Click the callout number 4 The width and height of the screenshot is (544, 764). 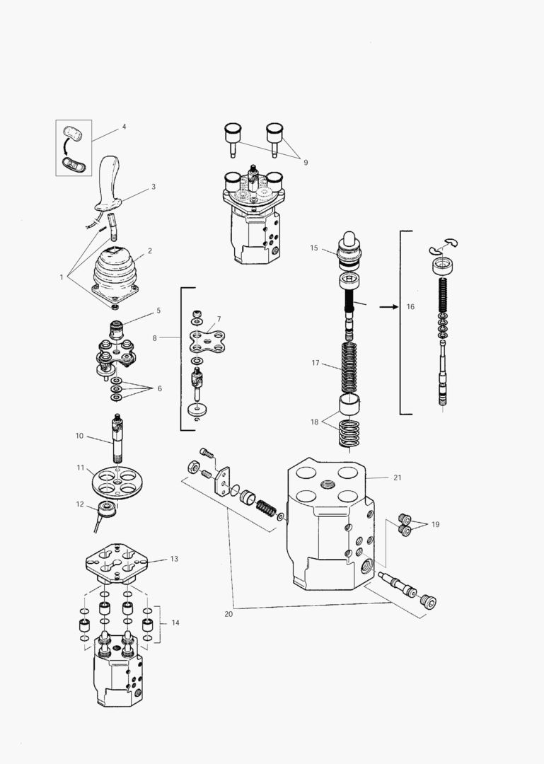[x=125, y=127]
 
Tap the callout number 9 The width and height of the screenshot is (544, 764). [x=306, y=163]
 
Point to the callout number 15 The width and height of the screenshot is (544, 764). [x=314, y=248]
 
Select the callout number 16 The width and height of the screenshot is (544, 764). [x=411, y=307]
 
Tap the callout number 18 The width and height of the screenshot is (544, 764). [x=315, y=422]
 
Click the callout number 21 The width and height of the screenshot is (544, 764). [x=398, y=477]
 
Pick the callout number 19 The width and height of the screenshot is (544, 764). [x=435, y=525]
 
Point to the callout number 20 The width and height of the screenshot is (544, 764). [x=228, y=614]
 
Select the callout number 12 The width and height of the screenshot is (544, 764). [x=80, y=504]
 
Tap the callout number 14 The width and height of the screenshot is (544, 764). [x=175, y=623]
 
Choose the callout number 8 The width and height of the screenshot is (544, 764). [x=155, y=338]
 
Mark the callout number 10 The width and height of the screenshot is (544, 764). [x=80, y=436]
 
